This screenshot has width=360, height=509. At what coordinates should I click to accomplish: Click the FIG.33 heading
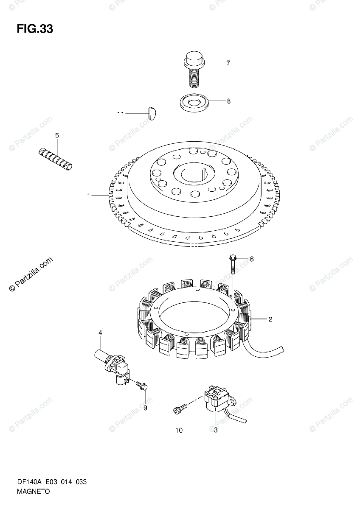coord(35,29)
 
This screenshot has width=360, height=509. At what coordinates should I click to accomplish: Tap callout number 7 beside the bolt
coord(228,63)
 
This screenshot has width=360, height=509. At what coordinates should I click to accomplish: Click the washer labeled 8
coord(194,103)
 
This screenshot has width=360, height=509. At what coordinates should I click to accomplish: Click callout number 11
coord(121,114)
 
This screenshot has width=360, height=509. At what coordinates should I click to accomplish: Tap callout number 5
coord(57,135)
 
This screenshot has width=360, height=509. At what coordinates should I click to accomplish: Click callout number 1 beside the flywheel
coord(89,195)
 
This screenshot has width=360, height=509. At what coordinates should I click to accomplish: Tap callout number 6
coord(251,259)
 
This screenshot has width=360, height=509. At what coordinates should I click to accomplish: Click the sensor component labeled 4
coord(114,364)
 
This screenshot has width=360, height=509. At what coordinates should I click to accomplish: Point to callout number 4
coord(101,333)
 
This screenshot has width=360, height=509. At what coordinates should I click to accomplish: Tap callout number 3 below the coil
coord(215,430)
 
